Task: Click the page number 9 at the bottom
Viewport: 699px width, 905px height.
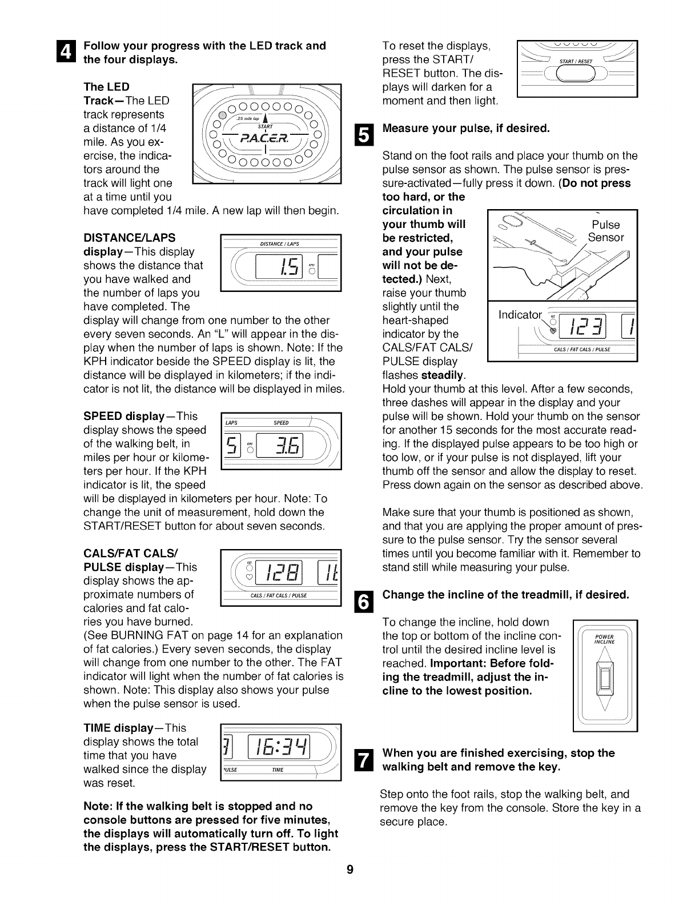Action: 350,886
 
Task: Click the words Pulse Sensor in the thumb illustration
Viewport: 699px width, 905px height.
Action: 605,231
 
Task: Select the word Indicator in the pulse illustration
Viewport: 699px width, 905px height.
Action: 519,315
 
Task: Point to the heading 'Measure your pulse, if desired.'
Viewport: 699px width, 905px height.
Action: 466,129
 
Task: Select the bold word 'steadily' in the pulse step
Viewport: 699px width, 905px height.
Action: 443,375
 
